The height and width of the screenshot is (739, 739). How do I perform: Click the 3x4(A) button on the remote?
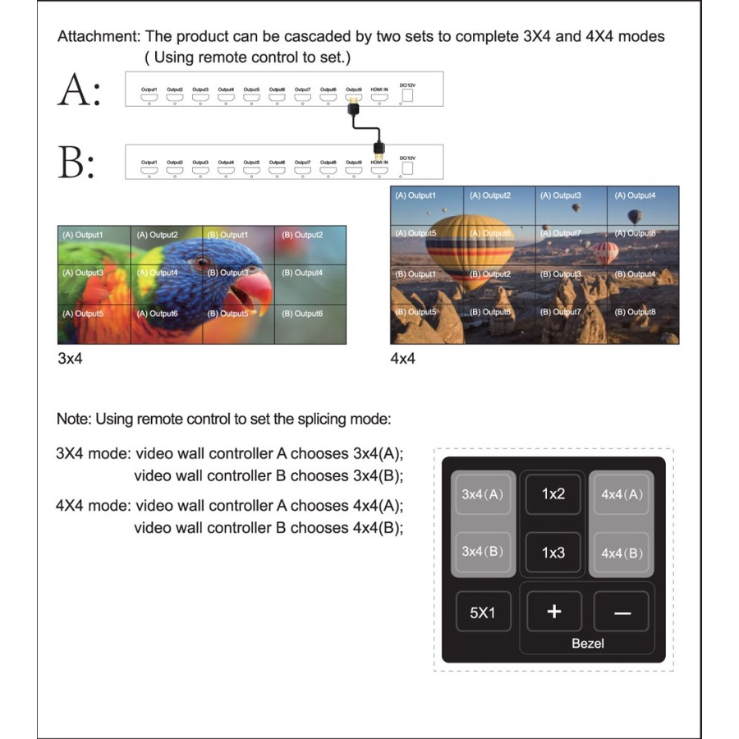482,494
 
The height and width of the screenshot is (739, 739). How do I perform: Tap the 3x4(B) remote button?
482,551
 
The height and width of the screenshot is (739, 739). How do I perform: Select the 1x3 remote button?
553,553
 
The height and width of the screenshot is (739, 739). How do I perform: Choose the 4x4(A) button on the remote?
622,494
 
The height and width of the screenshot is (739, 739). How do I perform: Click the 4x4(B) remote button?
622,553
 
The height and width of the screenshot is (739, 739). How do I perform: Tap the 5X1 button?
482,613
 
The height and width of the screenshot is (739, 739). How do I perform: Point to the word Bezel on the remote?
588,643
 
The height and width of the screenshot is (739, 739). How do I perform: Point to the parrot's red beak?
250,287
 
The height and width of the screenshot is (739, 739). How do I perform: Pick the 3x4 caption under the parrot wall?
71,359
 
